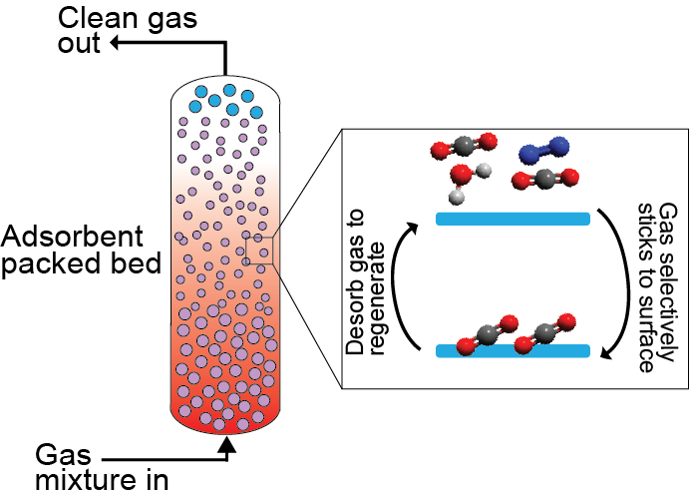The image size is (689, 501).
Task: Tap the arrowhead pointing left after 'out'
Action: (114, 43)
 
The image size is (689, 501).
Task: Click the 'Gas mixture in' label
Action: (94, 468)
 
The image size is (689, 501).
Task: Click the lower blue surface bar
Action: (514, 350)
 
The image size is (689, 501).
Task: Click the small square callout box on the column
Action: (259, 250)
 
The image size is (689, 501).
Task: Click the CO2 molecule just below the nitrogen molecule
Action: (544, 181)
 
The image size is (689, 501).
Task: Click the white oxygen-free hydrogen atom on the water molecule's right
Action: (485, 170)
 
